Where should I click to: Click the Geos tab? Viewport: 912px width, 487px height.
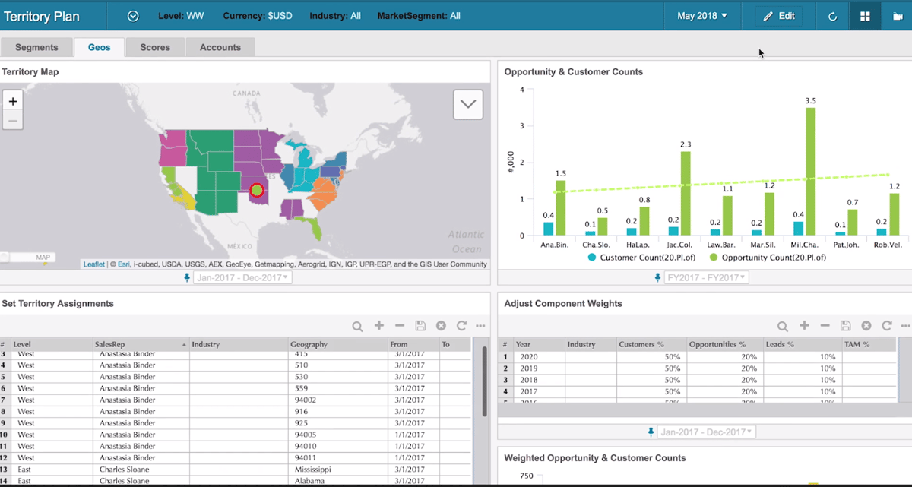pyautogui.click(x=99, y=47)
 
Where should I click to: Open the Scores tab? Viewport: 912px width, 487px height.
pyautogui.click(x=155, y=47)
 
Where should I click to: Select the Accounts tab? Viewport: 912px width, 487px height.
pyautogui.click(x=220, y=47)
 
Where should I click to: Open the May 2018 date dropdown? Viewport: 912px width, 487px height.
pyautogui.click(x=701, y=16)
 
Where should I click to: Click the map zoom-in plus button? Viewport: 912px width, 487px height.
pyautogui.click(x=13, y=101)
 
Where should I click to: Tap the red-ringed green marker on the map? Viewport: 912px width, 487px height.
pyautogui.click(x=257, y=189)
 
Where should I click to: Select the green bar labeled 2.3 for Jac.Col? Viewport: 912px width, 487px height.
pyautogui.click(x=686, y=193)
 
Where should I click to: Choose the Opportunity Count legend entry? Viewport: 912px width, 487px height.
pyautogui.click(x=768, y=258)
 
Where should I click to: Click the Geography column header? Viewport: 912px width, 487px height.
pyautogui.click(x=309, y=344)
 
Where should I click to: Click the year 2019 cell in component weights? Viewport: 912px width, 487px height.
pyautogui.click(x=528, y=368)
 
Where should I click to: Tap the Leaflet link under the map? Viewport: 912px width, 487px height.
pyautogui.click(x=94, y=264)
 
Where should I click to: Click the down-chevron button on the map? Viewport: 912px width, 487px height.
pyautogui.click(x=467, y=104)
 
